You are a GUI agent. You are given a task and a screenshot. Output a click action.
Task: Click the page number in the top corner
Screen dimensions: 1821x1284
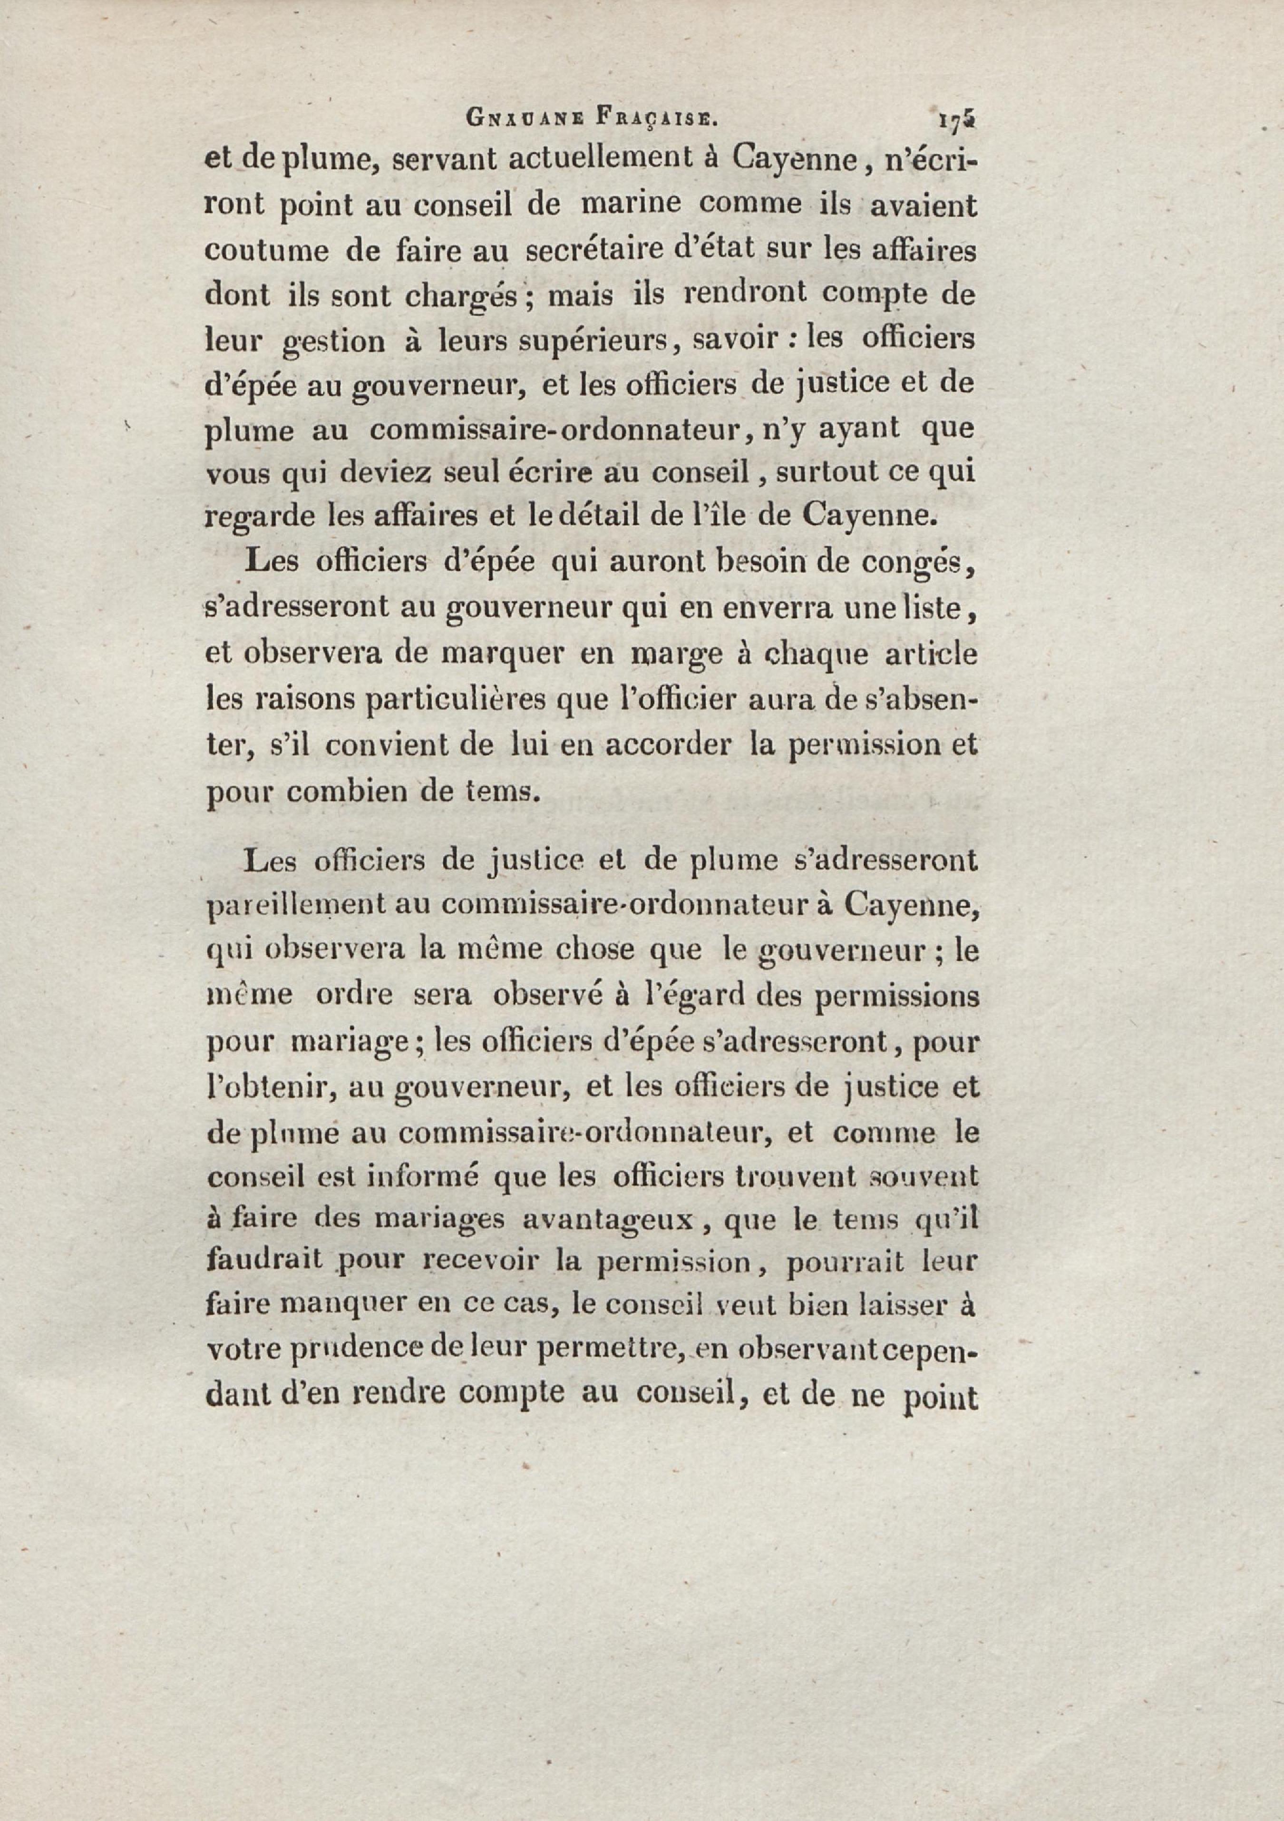click(x=956, y=120)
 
